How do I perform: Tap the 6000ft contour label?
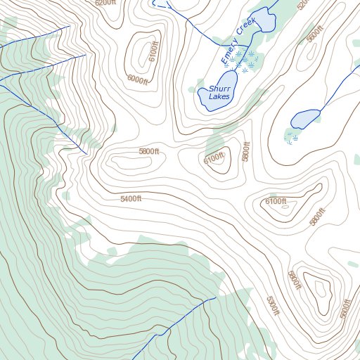138,79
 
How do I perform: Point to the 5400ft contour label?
131,199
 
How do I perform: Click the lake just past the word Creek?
265,20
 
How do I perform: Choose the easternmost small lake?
304,118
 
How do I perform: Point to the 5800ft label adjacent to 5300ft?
294,280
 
